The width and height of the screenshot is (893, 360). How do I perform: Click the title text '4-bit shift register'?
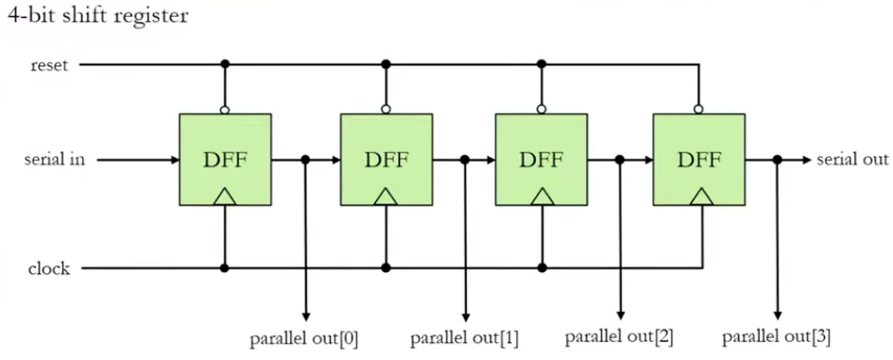click(x=97, y=16)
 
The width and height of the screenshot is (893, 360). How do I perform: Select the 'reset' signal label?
click(x=49, y=64)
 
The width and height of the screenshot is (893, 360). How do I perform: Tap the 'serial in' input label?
click(x=55, y=160)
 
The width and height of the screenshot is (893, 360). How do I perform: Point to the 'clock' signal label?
click(x=50, y=268)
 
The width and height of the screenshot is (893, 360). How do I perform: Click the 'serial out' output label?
click(x=852, y=160)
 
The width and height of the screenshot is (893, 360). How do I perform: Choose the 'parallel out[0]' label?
click(x=304, y=337)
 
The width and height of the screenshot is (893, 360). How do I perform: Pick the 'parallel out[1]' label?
click(x=464, y=337)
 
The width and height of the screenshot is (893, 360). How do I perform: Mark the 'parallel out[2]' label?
click(x=620, y=337)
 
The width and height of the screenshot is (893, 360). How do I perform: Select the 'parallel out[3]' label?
click(x=776, y=337)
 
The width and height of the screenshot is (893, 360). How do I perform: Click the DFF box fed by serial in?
click(x=225, y=159)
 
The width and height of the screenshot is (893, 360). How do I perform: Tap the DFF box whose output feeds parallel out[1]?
click(x=386, y=159)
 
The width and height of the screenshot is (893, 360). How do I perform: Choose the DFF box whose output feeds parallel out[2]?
click(x=541, y=159)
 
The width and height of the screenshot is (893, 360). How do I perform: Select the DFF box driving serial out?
click(x=699, y=159)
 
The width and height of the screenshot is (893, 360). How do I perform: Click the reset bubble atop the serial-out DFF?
click(x=699, y=110)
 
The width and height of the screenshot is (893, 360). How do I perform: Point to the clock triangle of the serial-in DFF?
click(x=225, y=197)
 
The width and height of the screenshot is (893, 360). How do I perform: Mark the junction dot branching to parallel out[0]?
click(x=305, y=160)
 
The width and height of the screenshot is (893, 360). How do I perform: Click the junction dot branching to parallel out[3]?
click(x=777, y=160)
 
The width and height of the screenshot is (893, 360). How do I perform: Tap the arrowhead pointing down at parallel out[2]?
click(x=620, y=316)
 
